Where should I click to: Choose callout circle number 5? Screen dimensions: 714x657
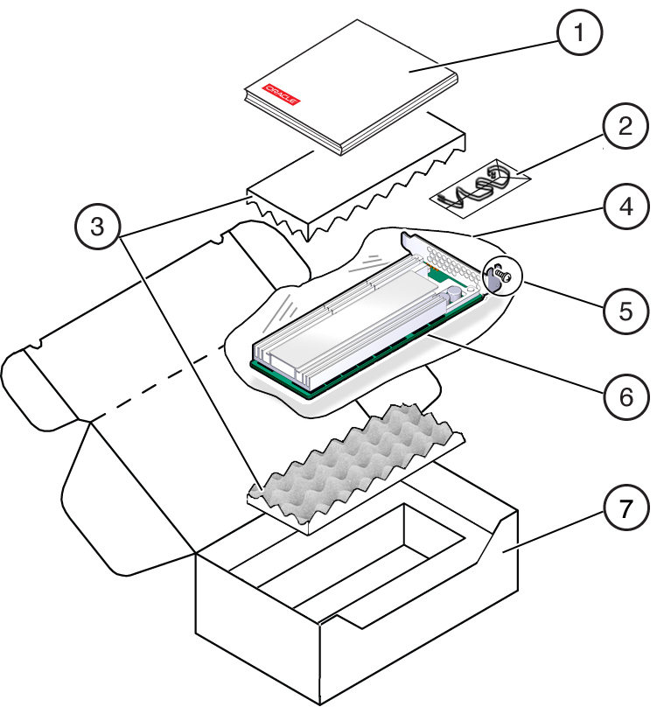(623, 309)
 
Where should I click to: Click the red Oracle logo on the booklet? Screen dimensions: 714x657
(282, 94)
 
